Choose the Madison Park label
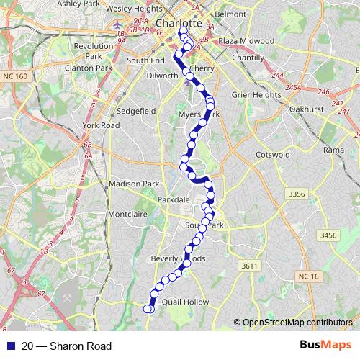133,184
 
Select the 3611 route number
249,266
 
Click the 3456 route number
328,235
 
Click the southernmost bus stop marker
148,309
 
